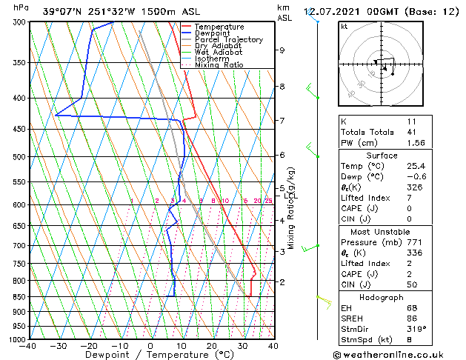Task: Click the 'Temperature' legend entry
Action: (219, 27)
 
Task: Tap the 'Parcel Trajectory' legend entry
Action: (228, 40)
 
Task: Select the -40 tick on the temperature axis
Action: (28, 346)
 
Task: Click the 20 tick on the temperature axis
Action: (212, 346)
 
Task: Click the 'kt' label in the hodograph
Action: (344, 26)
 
